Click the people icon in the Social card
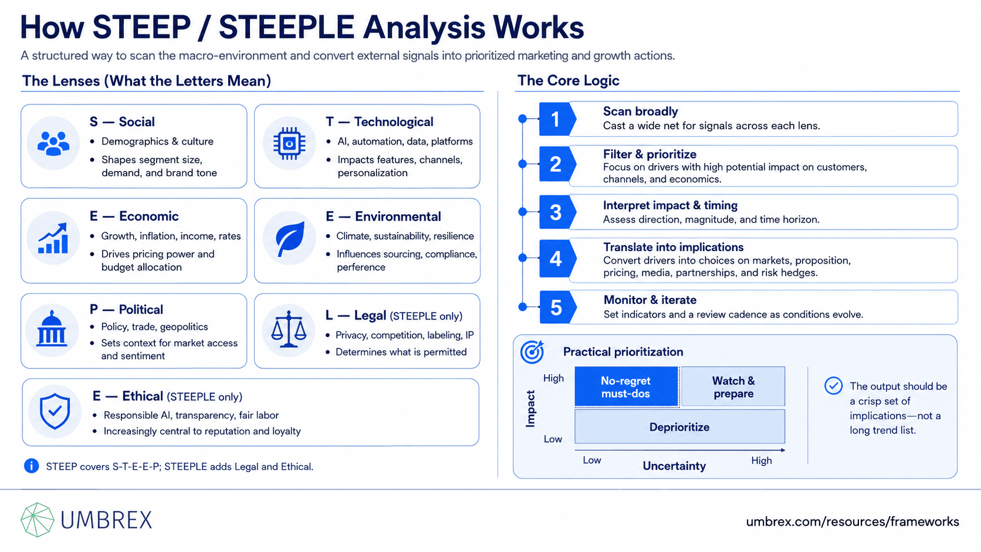[x=53, y=143]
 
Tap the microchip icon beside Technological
[x=289, y=143]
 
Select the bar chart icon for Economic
[x=53, y=238]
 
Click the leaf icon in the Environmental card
[x=290, y=239]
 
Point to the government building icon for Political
[x=52, y=329]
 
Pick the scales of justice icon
[x=289, y=329]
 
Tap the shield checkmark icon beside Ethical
[x=55, y=411]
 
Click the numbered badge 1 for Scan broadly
[x=557, y=119]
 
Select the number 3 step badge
[x=557, y=212]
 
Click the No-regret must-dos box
[x=626, y=387]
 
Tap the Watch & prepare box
[x=733, y=387]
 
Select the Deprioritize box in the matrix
[x=679, y=427]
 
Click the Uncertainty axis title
[x=674, y=466]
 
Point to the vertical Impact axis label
[x=530, y=408]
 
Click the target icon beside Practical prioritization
[x=532, y=352]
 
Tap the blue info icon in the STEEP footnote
[x=32, y=466]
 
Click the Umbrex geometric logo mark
[x=38, y=520]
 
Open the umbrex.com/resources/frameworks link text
[x=853, y=522]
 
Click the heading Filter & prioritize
[x=650, y=154]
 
